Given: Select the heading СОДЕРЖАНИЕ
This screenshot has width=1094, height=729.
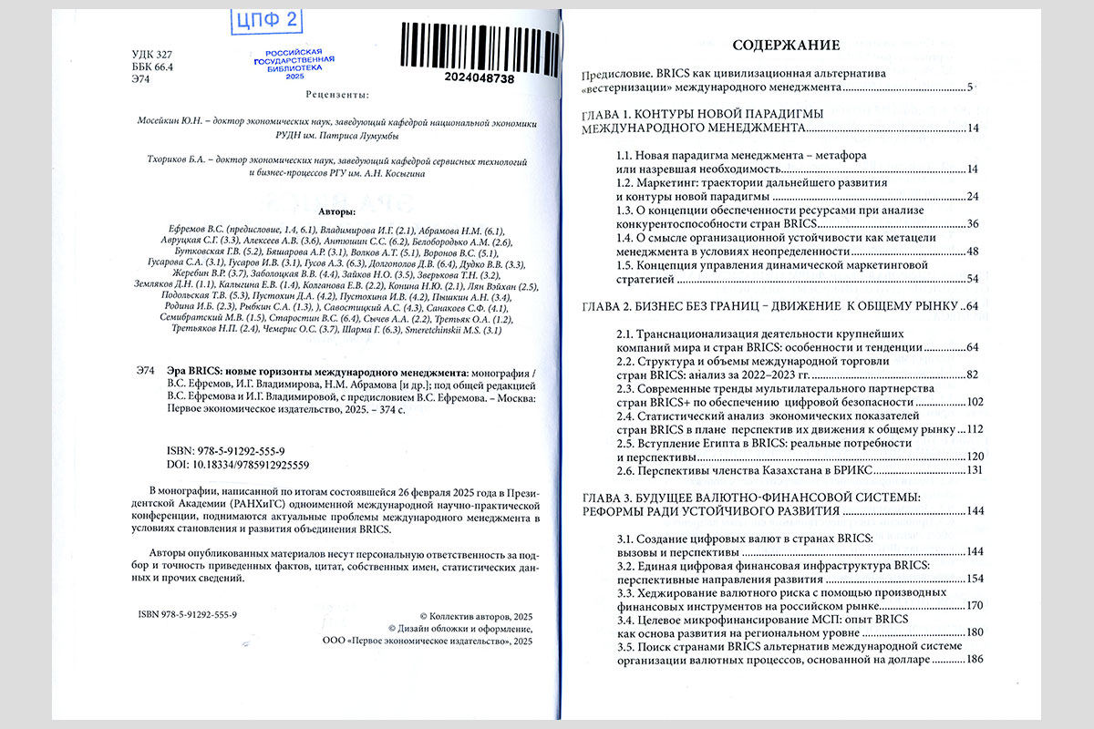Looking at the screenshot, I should tap(787, 45).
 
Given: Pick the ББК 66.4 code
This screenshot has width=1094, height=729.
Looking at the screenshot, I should tap(153, 67).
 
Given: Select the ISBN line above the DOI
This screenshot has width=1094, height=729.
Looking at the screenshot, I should tap(227, 452).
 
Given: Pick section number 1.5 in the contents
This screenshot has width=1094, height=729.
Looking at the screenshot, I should tap(625, 265).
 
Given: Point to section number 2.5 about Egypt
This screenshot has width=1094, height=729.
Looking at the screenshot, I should tap(625, 443).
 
